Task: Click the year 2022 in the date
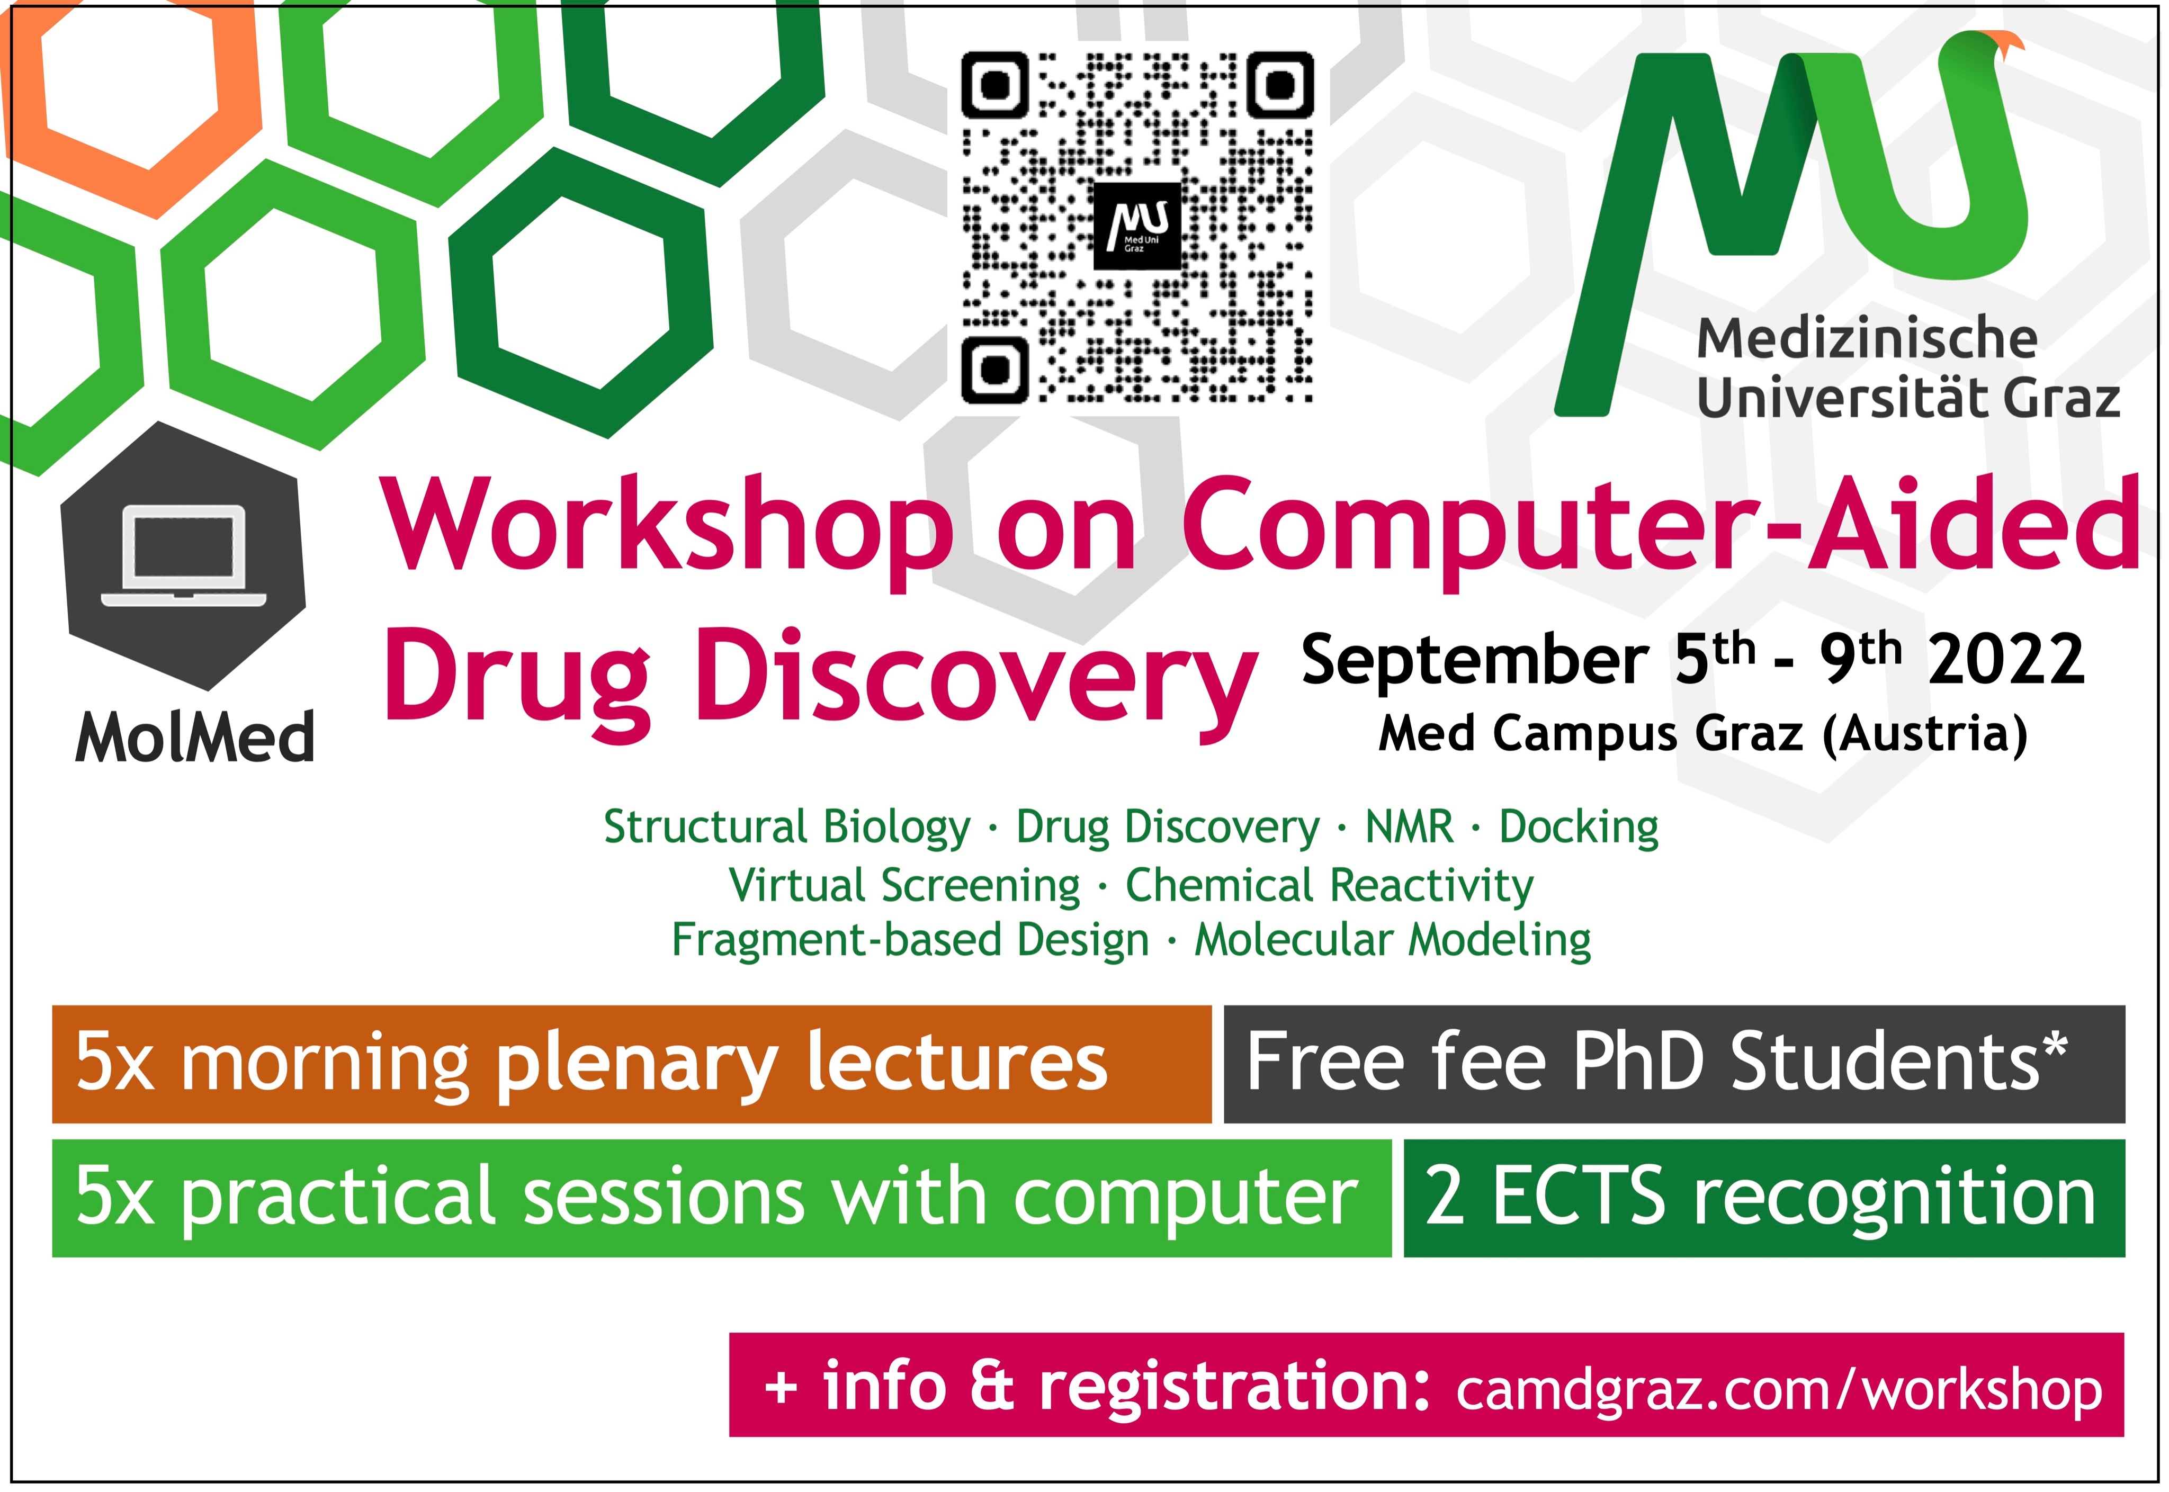(2006, 660)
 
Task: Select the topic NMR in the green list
(1409, 826)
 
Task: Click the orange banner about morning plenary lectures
(631, 1064)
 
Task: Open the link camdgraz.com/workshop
(1779, 1390)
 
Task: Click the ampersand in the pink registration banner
(992, 1386)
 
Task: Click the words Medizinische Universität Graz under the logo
(1908, 368)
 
